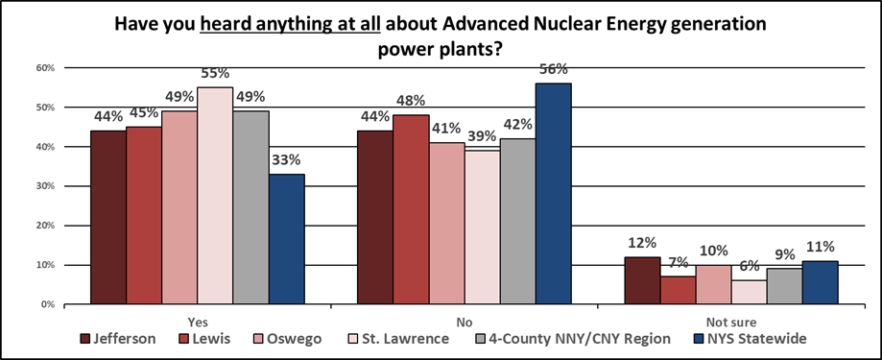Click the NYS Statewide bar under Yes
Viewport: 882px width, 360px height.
point(288,239)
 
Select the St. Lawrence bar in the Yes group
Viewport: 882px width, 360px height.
point(216,196)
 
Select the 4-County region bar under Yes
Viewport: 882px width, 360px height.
point(251,207)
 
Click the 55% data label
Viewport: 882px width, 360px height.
point(216,74)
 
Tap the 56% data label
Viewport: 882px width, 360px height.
point(554,69)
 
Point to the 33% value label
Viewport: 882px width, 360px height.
point(288,160)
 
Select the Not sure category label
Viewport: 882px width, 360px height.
point(730,322)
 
